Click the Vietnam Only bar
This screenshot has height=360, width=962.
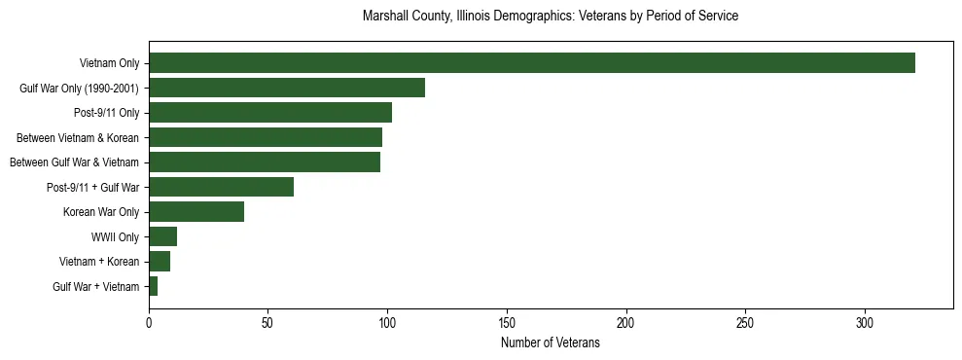pos(531,63)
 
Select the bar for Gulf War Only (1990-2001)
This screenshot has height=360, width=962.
pos(287,88)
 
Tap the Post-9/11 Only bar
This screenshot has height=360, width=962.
pos(270,113)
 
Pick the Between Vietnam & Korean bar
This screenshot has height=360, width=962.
pos(266,137)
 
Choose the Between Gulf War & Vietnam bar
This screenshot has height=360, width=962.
pos(265,162)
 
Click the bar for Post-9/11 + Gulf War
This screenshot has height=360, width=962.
pos(221,187)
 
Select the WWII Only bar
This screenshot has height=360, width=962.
pos(162,236)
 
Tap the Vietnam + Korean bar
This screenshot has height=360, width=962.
pos(160,261)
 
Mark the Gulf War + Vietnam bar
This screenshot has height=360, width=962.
pos(154,286)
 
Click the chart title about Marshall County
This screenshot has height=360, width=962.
pos(551,17)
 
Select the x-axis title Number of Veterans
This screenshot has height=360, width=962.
pos(551,343)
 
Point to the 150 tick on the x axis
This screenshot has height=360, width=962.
pos(507,321)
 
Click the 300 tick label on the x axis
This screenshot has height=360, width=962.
pos(865,321)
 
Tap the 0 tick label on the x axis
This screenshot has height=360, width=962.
pos(149,321)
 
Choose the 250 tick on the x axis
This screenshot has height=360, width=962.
pos(745,321)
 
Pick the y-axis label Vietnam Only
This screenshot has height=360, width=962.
pos(109,63)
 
